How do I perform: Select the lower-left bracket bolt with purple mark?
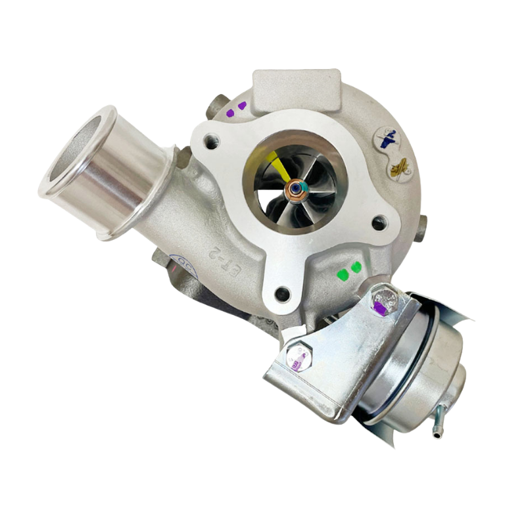click(299, 358)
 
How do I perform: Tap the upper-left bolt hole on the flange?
click(212, 141)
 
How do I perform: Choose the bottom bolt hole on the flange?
click(281, 294)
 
